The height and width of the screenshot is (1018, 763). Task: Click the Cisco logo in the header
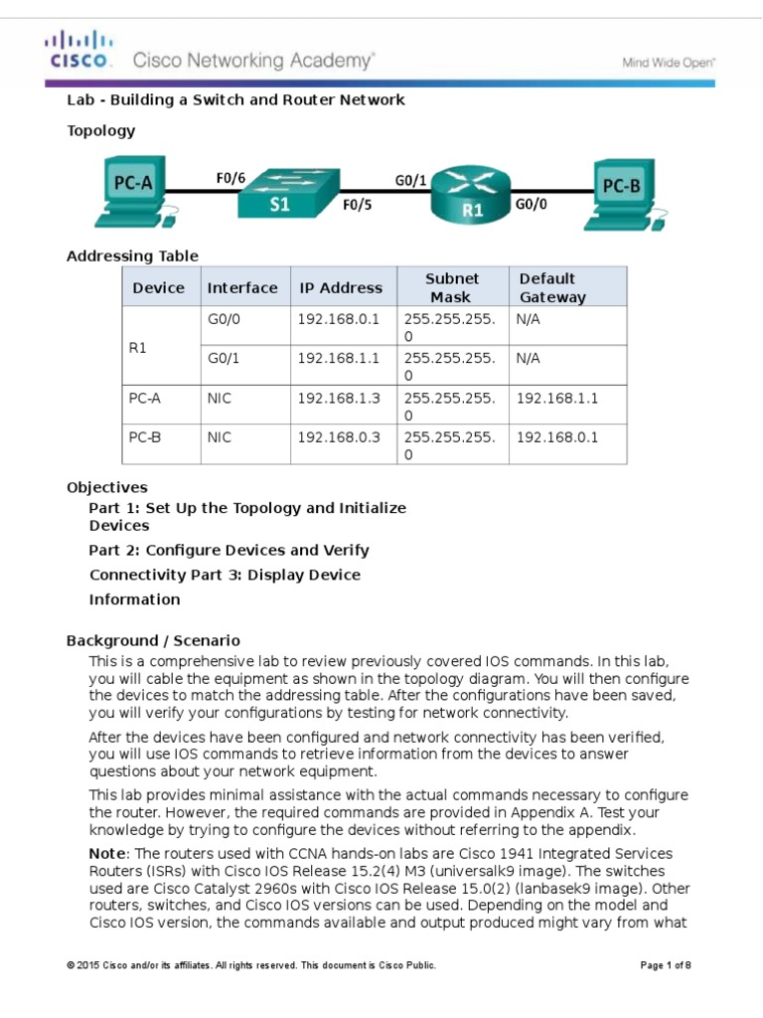pyautogui.click(x=78, y=51)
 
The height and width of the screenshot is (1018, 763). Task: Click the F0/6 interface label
pyautogui.click(x=230, y=179)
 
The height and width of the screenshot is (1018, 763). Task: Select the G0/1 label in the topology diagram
pyautogui.click(x=410, y=180)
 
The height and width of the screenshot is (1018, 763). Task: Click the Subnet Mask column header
pyautogui.click(x=452, y=287)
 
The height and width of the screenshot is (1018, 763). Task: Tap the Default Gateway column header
pyautogui.click(x=552, y=287)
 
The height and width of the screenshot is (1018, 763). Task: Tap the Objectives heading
pyautogui.click(x=107, y=487)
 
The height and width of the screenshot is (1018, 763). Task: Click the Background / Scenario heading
pyautogui.click(x=153, y=640)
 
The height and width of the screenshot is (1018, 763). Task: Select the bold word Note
pyautogui.click(x=107, y=854)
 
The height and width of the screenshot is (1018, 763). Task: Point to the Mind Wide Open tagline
pyautogui.click(x=669, y=62)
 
